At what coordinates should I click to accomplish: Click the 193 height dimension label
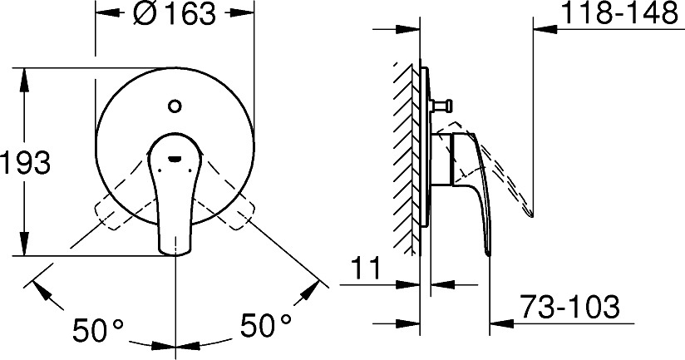25,162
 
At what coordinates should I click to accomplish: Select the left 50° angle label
98,329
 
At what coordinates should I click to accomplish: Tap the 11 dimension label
366,269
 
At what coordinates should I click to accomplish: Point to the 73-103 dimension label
570,306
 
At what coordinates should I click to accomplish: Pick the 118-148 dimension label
619,13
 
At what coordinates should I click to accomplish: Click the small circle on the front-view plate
175,106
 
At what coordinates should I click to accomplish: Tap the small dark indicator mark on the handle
175,159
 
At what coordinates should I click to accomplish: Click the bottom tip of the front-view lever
175,253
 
